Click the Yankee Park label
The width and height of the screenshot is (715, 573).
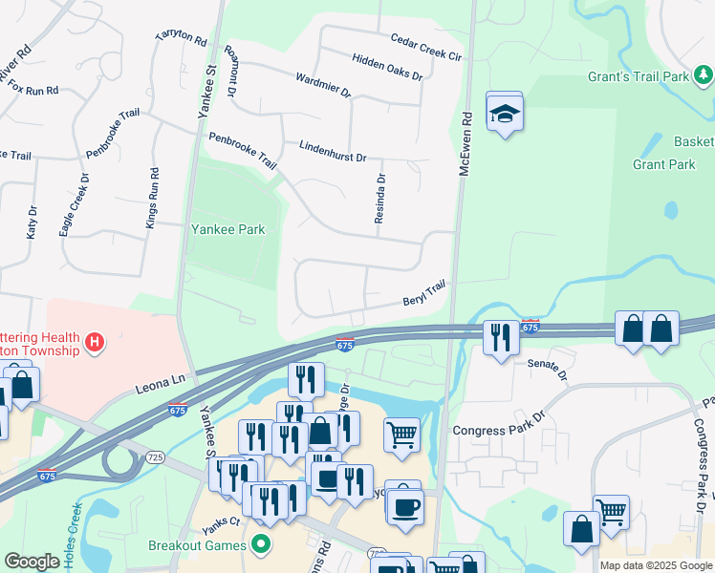227,229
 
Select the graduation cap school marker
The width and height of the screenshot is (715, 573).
505,115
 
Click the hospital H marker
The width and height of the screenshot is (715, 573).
94,341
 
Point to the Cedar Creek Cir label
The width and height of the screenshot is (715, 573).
426,47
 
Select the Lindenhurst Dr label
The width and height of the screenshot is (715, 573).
333,151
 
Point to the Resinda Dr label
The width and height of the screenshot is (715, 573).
380,199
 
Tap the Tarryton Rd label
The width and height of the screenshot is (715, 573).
182,37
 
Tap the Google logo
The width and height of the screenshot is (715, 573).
32,562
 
